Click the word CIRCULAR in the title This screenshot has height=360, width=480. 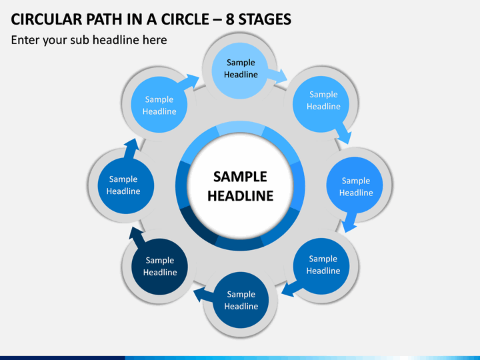click(47, 19)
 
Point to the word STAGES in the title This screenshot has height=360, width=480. click(265, 19)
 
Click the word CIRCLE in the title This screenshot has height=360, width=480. click(185, 19)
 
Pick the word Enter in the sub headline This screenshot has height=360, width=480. click(25, 40)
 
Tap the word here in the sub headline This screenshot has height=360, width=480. click(155, 40)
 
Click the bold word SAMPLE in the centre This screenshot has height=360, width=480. click(240, 177)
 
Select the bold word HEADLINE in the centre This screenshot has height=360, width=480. click(240, 196)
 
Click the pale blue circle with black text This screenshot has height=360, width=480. click(240, 71)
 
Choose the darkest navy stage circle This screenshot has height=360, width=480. click(159, 267)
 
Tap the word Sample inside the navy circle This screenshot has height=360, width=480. click(160, 260)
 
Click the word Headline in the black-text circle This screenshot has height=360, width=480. click(241, 75)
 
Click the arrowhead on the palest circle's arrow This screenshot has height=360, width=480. click(281, 76)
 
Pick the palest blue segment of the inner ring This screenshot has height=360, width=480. click(240, 127)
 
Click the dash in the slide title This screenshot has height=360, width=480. click(217, 20)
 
